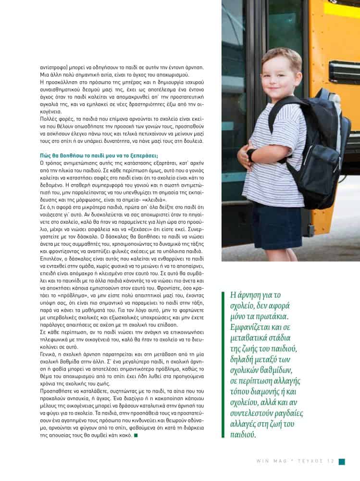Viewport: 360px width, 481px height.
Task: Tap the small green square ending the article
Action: pos(137,436)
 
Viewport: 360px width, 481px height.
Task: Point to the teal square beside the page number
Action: pos(342,461)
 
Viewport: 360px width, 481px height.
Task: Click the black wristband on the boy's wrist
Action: pos(251,154)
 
